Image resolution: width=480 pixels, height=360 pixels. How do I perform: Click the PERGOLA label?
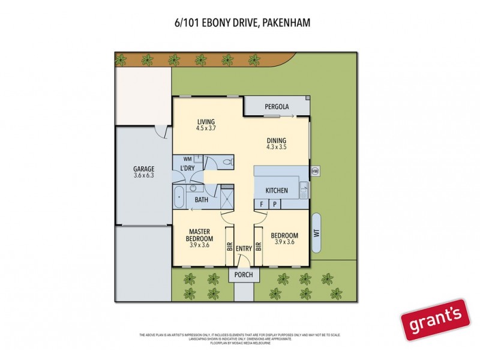click(277, 107)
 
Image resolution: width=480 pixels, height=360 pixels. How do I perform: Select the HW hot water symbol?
click(315, 171)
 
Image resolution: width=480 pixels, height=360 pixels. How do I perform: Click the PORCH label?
click(244, 275)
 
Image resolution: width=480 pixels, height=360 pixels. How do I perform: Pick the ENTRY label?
click(244, 249)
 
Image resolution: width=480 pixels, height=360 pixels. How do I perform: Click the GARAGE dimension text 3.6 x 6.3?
click(144, 176)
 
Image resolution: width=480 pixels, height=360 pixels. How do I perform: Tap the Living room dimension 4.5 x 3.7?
click(206, 128)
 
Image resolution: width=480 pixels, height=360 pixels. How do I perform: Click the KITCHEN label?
click(277, 191)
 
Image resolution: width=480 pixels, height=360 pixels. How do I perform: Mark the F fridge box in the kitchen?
click(262, 204)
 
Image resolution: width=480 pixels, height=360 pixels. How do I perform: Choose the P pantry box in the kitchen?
click(275, 204)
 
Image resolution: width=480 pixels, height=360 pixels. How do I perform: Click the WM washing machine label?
click(187, 159)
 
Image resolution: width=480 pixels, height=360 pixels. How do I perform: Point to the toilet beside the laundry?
click(227, 162)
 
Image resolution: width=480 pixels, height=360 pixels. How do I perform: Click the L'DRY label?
click(187, 169)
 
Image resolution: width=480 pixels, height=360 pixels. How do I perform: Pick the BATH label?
click(202, 200)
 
